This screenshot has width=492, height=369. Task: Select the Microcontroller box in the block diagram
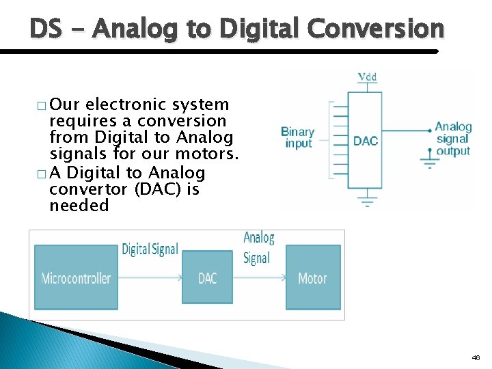76,277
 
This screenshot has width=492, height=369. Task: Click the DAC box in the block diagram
207,277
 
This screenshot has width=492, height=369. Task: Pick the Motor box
312,277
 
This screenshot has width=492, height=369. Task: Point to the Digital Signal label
149,249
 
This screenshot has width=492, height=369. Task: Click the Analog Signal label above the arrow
258,247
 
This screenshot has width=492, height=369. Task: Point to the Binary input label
297,137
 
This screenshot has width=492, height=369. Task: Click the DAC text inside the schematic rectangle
366,141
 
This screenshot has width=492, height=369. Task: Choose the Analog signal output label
453,139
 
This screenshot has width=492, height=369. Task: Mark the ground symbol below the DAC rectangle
368,202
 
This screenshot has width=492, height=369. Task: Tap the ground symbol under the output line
428,163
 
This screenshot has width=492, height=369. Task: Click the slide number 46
476,357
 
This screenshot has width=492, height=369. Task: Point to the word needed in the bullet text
79,206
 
